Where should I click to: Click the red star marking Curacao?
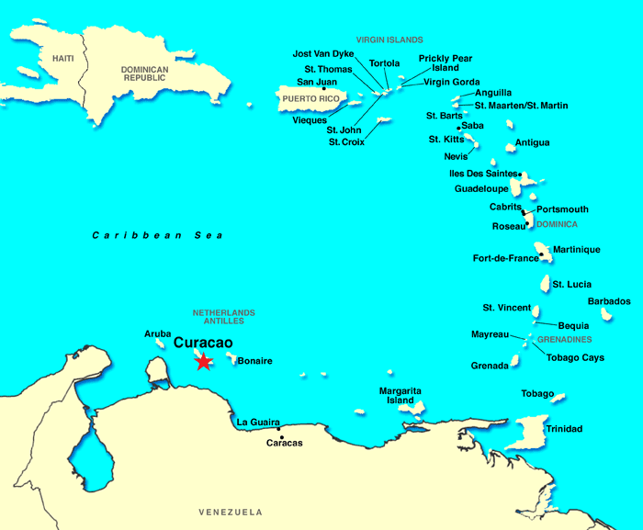coord(203,361)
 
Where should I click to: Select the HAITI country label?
coord(62,58)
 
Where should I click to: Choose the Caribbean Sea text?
coord(158,235)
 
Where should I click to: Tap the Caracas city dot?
coord(279,427)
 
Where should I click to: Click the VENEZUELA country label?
coord(231,512)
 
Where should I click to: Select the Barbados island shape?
coord(606,314)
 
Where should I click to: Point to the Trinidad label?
coord(564,429)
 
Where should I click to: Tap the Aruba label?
coord(158,333)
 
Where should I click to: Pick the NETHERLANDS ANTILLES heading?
coord(224,317)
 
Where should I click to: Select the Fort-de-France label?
coord(505,258)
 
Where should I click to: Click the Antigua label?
coord(533,142)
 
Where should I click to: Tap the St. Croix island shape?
coord(386,120)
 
